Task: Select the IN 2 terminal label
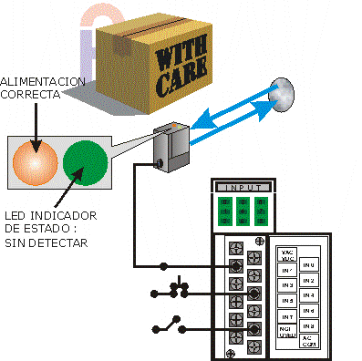point(308,280)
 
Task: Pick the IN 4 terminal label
point(308,295)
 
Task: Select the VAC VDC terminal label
point(286,254)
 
